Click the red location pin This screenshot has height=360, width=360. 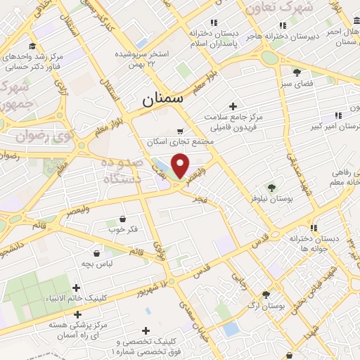(181, 166)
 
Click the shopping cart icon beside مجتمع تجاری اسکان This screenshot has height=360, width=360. (180, 131)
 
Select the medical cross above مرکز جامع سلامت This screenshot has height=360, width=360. (233, 105)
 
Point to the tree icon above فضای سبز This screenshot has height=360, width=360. (297, 72)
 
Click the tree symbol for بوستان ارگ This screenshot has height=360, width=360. (266, 295)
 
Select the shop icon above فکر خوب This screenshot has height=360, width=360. (124, 219)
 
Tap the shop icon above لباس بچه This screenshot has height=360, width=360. (96, 253)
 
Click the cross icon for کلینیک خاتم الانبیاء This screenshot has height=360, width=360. (77, 287)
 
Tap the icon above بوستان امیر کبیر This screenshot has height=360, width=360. (339, 115)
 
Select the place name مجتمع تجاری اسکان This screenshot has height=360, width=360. (172, 141)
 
